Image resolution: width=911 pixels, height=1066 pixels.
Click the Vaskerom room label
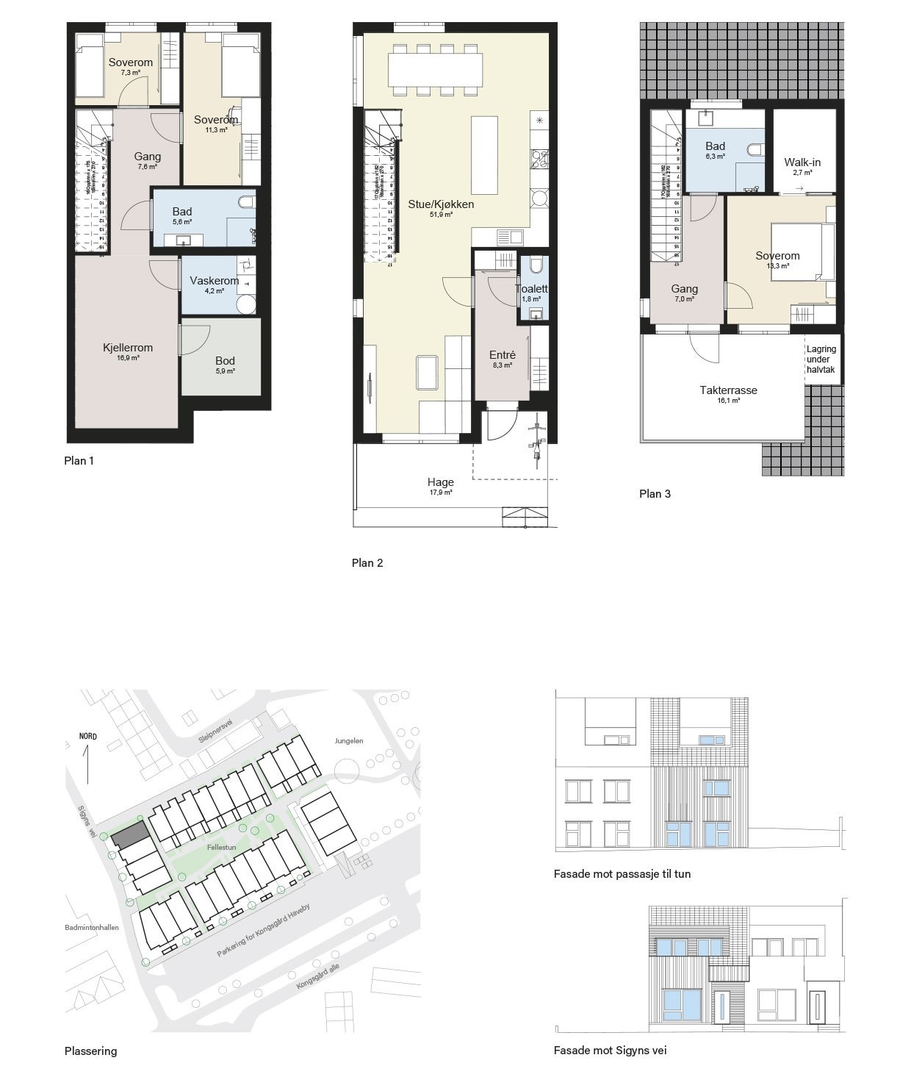pyautogui.click(x=214, y=281)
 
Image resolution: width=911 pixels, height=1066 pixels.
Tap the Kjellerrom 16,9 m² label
pyautogui.click(x=128, y=348)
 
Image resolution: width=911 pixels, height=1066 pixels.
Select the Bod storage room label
pyautogui.click(x=225, y=361)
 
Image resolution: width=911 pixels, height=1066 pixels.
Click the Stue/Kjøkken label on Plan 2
pyautogui.click(x=441, y=204)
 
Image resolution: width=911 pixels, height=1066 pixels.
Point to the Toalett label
pyautogui.click(x=531, y=289)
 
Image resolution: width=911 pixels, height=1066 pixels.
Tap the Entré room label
pyautogui.click(x=503, y=355)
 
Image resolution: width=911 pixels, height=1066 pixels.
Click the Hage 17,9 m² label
pyautogui.click(x=441, y=483)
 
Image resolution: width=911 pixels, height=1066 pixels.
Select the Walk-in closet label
pyautogui.click(x=802, y=162)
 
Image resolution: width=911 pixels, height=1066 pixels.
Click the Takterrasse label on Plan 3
pyautogui.click(x=728, y=390)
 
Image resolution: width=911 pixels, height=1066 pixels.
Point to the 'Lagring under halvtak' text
pyautogui.click(x=821, y=359)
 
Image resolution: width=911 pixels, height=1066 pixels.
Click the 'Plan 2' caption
pyautogui.click(x=367, y=563)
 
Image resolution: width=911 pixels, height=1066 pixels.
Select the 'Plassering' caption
pyautogui.click(x=90, y=1051)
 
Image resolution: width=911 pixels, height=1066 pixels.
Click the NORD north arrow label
pyautogui.click(x=88, y=737)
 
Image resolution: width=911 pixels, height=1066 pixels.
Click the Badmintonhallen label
pyautogui.click(x=91, y=928)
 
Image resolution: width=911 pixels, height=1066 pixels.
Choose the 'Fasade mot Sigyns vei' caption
pyautogui.click(x=610, y=1051)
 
